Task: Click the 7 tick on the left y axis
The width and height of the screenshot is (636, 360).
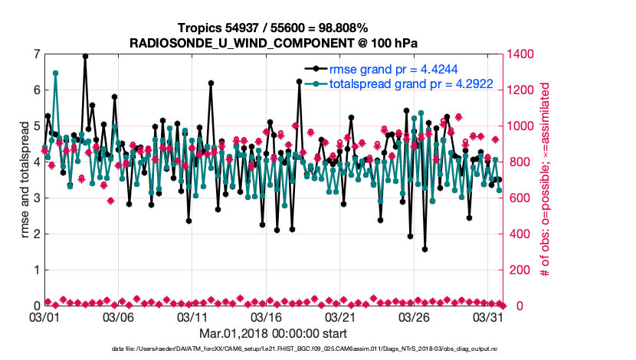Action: (36, 54)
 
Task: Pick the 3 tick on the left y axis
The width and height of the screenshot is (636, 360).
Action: (36, 198)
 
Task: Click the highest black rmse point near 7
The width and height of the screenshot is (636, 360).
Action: (85, 56)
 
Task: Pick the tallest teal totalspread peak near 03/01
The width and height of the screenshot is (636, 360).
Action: (55, 73)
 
